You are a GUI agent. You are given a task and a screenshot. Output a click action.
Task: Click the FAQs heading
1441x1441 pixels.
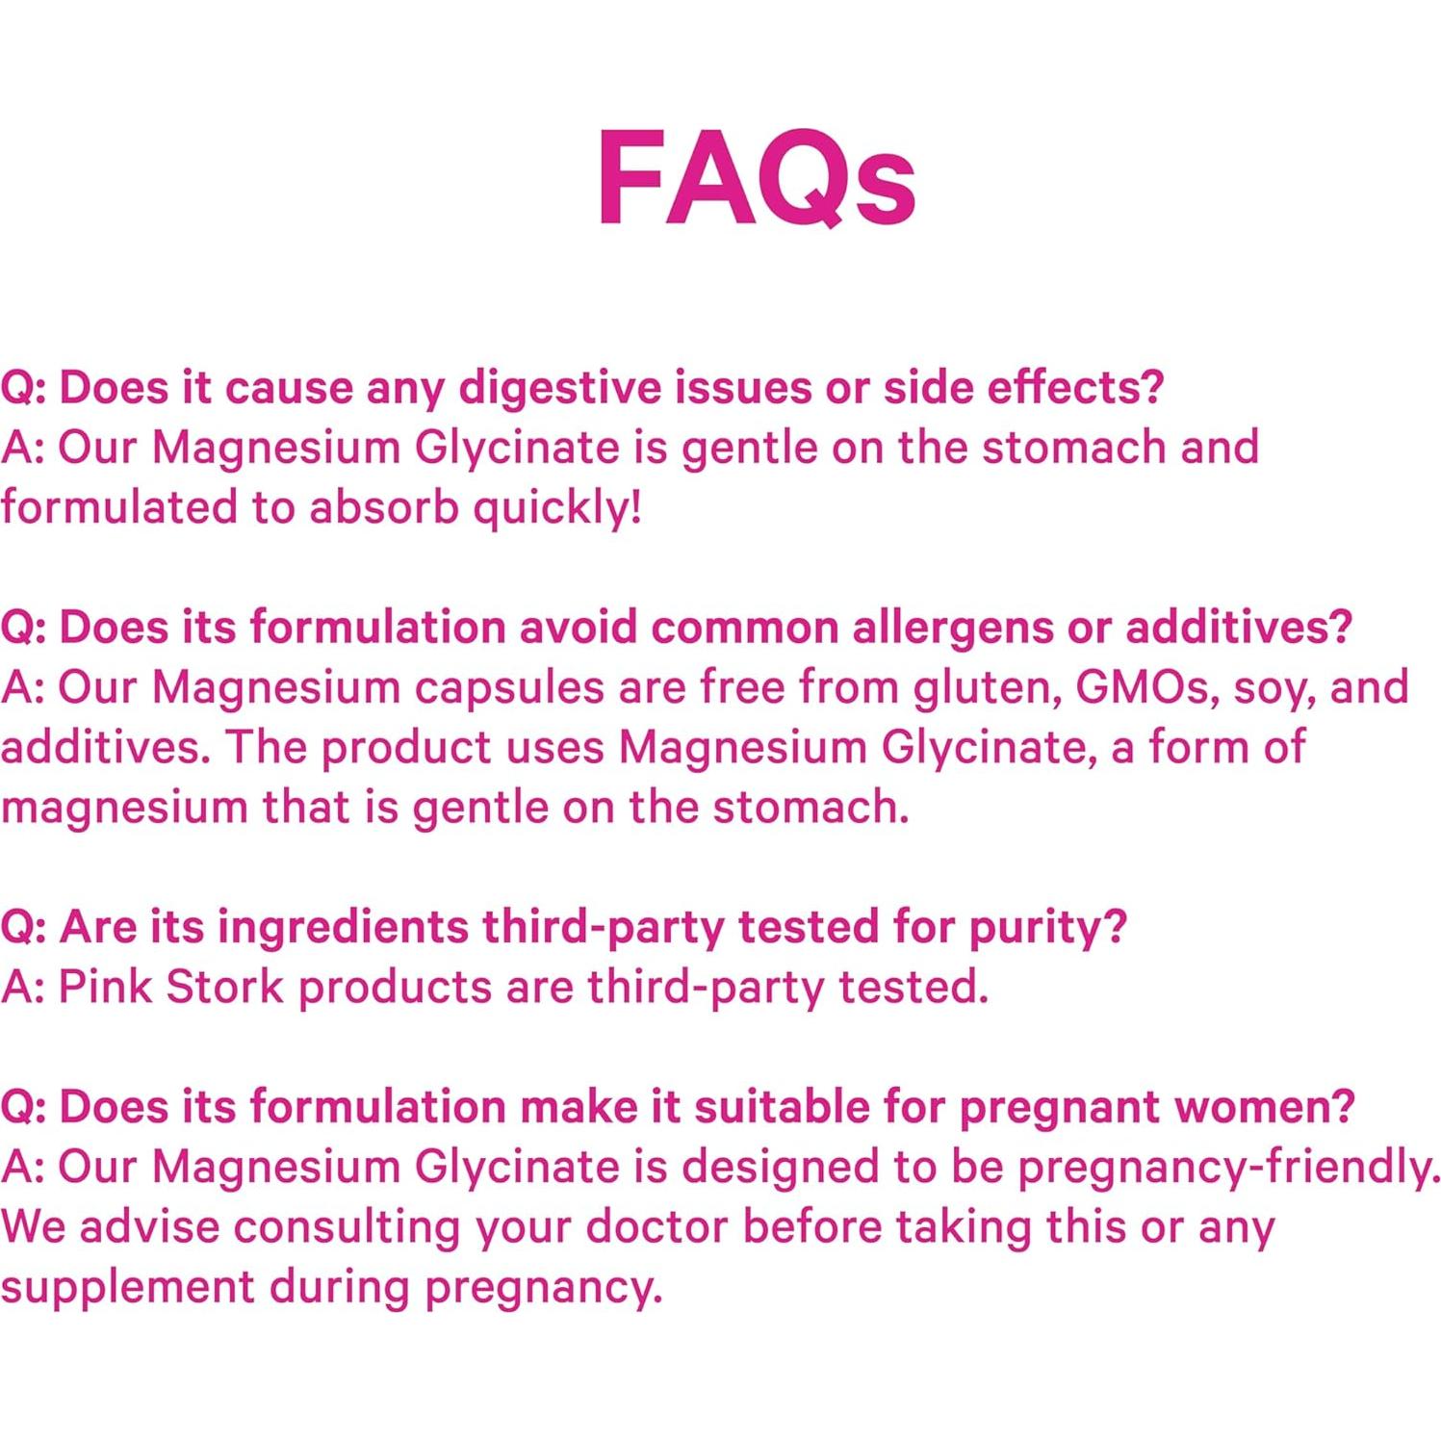[x=756, y=178]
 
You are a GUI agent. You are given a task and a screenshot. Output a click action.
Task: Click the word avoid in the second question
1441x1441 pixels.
[x=579, y=628]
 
